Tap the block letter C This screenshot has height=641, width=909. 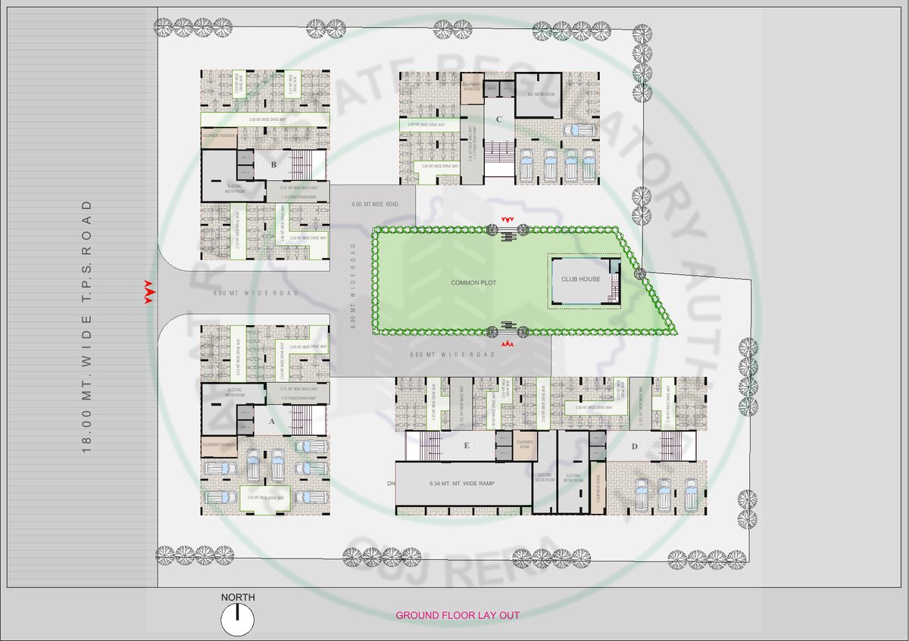point(498,120)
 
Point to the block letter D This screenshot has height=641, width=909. point(633,447)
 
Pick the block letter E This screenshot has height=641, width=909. point(467,447)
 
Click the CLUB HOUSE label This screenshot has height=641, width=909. point(580,279)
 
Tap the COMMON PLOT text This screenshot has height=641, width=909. point(473,282)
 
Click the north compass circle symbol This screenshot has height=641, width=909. point(237,621)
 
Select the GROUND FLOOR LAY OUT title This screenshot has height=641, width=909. point(458,615)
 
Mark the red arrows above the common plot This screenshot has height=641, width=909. point(508,219)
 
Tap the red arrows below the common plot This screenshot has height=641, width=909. point(508,344)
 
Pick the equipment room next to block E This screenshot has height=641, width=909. point(525,445)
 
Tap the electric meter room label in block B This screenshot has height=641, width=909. point(236,188)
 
